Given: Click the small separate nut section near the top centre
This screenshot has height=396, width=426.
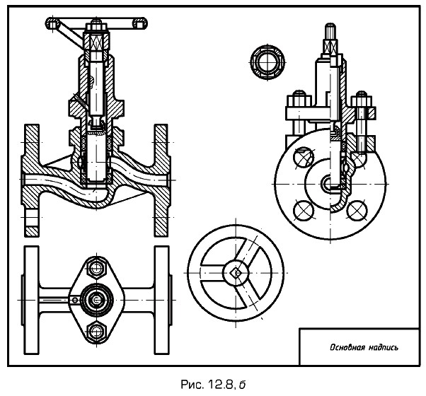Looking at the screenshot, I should pyautogui.click(x=267, y=61).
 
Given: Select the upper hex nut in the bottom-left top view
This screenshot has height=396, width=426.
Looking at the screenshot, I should pyautogui.click(x=95, y=269).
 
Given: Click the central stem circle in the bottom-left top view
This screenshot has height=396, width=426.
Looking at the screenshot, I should pyautogui.click(x=95, y=300).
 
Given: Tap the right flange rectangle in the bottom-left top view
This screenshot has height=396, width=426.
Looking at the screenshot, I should pyautogui.click(x=162, y=299).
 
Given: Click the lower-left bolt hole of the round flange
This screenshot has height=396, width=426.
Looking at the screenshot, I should pyautogui.click(x=303, y=210).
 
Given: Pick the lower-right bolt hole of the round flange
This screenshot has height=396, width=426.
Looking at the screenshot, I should pyautogui.click(x=357, y=210).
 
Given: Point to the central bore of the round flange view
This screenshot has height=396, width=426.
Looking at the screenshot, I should pyautogui.click(x=330, y=183).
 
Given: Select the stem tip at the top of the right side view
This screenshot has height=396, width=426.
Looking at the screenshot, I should pyautogui.click(x=330, y=32).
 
